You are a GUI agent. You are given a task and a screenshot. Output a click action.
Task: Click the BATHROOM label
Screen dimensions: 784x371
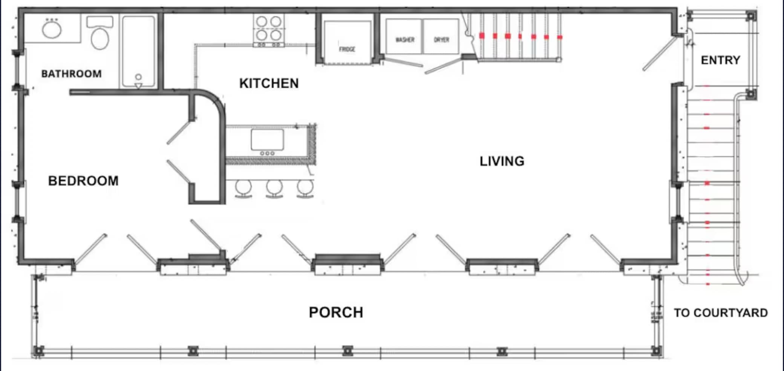[71, 74]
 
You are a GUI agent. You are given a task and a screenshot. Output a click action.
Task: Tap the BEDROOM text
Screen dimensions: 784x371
[83, 181]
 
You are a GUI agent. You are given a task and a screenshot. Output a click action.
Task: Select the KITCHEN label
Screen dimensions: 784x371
[269, 83]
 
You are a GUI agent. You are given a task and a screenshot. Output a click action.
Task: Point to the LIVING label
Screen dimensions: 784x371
[502, 161]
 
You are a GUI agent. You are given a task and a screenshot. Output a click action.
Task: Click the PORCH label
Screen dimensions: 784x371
[336, 312]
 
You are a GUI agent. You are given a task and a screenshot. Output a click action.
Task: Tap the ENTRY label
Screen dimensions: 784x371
[720, 60]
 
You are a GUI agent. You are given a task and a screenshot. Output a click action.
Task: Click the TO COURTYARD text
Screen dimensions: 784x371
[721, 313]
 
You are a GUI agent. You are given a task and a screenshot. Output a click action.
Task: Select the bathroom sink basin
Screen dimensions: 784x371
[52, 29]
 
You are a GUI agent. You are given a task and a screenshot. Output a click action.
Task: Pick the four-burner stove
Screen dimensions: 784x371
[269, 30]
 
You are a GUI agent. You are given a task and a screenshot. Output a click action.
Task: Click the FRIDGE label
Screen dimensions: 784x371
[347, 49]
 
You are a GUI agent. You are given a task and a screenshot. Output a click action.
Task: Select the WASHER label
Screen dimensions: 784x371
[405, 40]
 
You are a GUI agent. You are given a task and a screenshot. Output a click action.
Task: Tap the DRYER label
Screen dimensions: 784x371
[441, 40]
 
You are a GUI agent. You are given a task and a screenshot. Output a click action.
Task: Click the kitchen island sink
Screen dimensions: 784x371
[267, 140]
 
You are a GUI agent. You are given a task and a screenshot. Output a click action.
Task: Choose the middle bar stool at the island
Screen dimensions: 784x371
[274, 188]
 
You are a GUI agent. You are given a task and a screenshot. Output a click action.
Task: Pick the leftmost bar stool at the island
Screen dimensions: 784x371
[243, 188]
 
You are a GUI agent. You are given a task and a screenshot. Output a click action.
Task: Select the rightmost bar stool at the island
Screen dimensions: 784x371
[305, 188]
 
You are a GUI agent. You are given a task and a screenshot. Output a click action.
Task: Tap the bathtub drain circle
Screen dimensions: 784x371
[138, 77]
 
